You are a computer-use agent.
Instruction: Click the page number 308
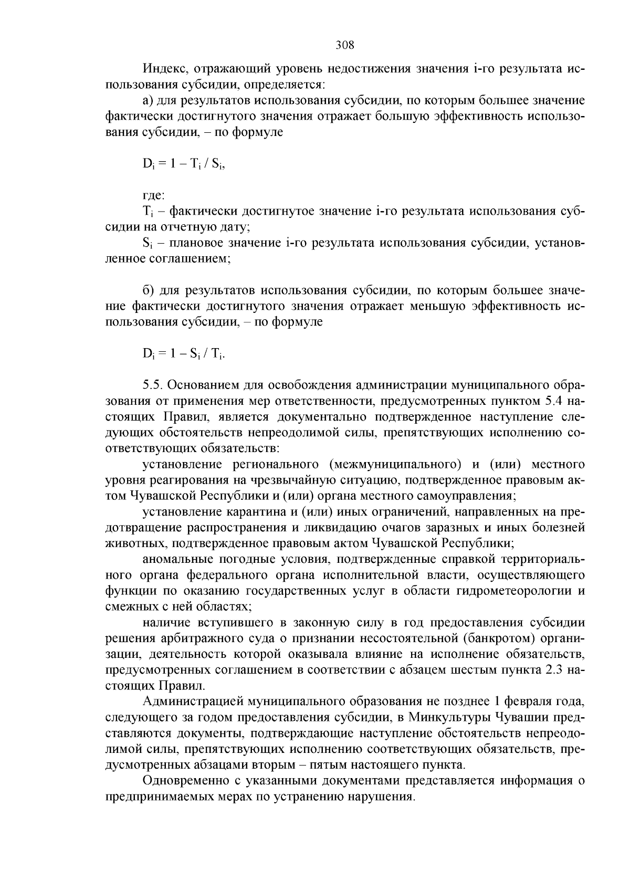pos(345,45)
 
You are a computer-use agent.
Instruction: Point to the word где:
pos(154,195)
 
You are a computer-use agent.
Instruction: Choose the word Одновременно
pos(186,780)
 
